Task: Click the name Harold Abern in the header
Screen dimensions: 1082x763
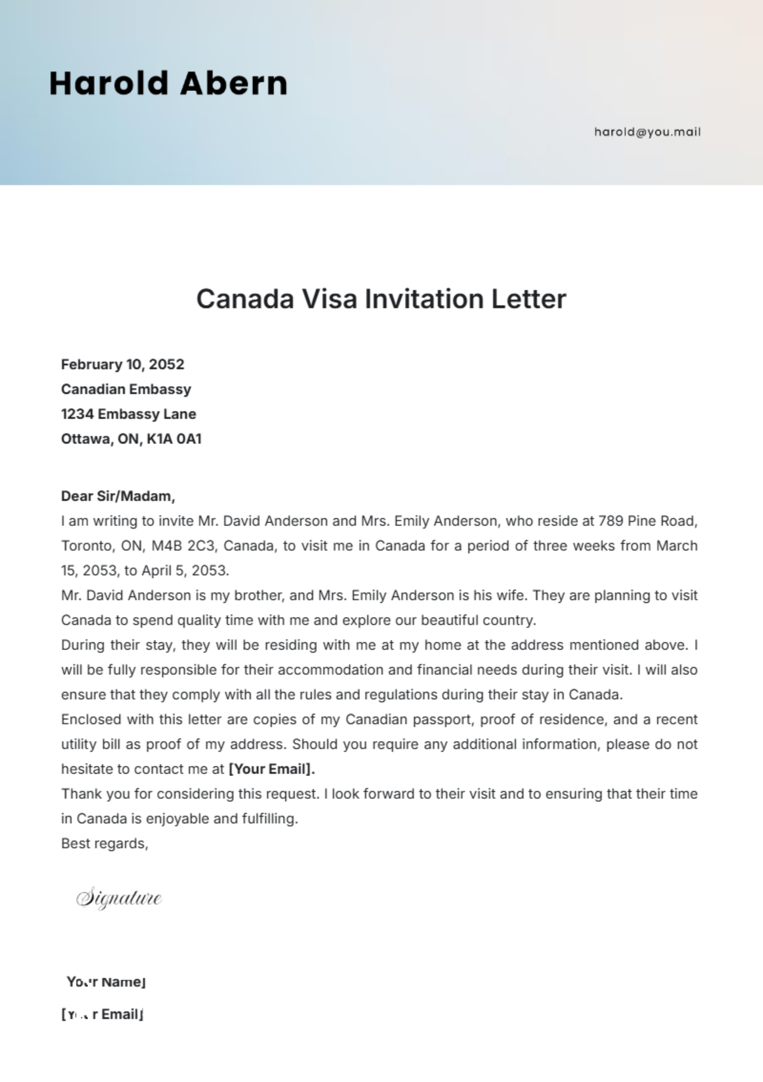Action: [x=168, y=83]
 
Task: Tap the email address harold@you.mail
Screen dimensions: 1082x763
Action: [x=647, y=132]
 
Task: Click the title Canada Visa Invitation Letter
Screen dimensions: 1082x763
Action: [x=381, y=299]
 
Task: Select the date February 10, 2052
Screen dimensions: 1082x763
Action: [x=123, y=364]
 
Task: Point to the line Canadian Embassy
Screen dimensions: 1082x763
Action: [x=126, y=389]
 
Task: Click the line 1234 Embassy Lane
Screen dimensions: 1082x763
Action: [x=128, y=414]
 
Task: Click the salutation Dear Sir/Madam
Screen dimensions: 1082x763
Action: [x=118, y=496]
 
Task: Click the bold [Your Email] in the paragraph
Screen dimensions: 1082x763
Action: [x=272, y=769]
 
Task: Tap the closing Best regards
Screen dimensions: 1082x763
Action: [x=104, y=843]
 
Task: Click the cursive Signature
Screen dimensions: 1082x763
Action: [x=119, y=898]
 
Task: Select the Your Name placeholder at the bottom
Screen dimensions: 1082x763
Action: [x=106, y=982]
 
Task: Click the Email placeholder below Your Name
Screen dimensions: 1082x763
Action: [x=102, y=1015]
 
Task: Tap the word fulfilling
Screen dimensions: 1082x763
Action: [x=270, y=819]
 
